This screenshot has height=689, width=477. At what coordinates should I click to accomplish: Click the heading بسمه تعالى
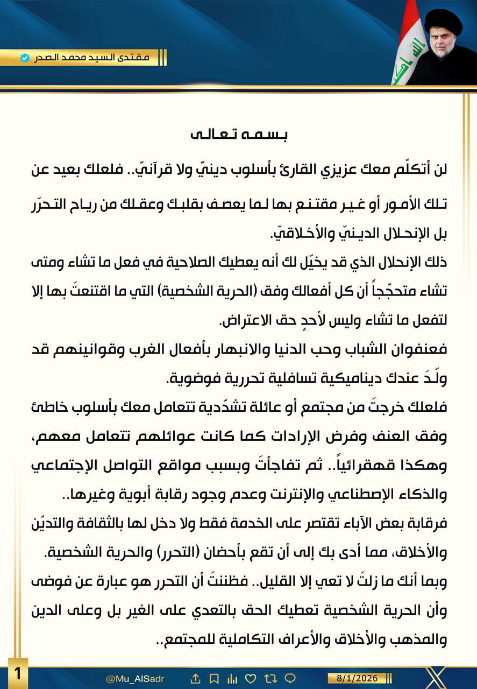(x=238, y=133)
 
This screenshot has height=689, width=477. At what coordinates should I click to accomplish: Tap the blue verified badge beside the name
(x=24, y=58)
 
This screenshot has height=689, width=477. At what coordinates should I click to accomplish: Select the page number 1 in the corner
(x=18, y=673)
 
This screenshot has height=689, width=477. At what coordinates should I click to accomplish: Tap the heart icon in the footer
(x=250, y=678)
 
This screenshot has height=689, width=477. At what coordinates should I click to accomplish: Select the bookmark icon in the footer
(x=213, y=678)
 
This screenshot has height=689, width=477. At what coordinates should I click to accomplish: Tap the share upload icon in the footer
(x=196, y=678)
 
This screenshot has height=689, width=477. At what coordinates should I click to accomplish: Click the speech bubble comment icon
(x=289, y=678)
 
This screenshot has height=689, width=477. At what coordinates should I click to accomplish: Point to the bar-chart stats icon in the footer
(x=232, y=678)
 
